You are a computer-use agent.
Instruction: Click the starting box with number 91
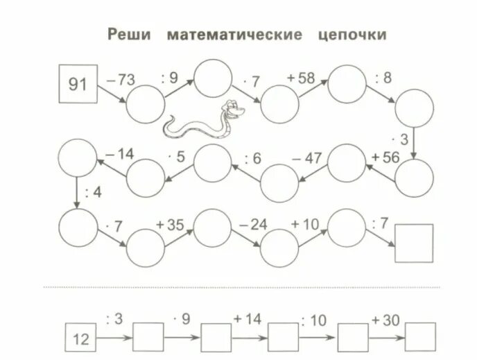(x=78, y=85)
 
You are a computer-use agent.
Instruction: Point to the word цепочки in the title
(x=352, y=35)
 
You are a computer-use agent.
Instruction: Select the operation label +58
(x=301, y=78)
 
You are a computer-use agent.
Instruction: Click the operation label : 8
(x=383, y=78)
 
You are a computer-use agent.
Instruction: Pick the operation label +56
(x=385, y=157)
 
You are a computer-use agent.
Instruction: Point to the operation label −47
(x=308, y=157)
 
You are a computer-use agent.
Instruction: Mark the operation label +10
(x=305, y=223)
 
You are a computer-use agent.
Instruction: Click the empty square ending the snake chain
(x=414, y=243)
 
